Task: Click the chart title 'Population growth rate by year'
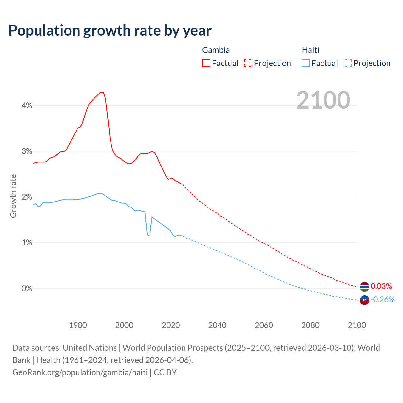coord(110,31)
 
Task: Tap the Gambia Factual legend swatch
coord(206,63)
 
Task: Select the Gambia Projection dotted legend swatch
coord(248,63)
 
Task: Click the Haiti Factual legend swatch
coord(306,63)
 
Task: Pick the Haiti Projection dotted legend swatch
coord(348,63)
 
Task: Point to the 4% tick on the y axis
coord(27,106)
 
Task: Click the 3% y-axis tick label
coord(27,151)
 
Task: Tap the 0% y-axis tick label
coord(27,288)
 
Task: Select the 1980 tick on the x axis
coord(78,325)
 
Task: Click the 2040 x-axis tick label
coord(217,325)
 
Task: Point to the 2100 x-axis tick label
coord(357,325)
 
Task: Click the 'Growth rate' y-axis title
coord(13,196)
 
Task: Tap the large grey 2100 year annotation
coord(323,100)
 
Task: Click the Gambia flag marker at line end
coord(365,287)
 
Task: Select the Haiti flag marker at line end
coord(365,300)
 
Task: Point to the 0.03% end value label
coord(381,287)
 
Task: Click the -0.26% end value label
coord(383,300)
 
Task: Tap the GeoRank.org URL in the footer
coord(80,372)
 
